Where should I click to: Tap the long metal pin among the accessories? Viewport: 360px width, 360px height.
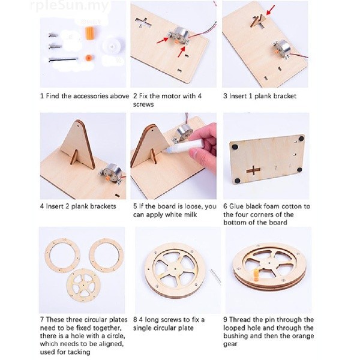(x=62, y=60)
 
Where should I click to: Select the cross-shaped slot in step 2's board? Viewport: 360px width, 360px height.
(x=143, y=23)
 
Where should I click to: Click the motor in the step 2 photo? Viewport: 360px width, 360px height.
(x=179, y=36)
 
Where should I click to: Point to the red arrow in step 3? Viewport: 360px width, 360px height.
(x=271, y=11)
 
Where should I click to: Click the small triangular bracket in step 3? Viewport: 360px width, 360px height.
(x=258, y=21)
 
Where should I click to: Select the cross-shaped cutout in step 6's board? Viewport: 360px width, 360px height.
(x=253, y=170)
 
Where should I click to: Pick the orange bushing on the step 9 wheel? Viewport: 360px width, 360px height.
(x=256, y=274)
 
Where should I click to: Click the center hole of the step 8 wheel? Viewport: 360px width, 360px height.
(x=175, y=269)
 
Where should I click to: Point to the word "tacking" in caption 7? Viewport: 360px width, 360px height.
(x=79, y=352)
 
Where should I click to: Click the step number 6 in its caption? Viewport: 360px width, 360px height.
(x=225, y=206)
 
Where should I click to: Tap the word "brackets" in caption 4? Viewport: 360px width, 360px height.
(x=103, y=206)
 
